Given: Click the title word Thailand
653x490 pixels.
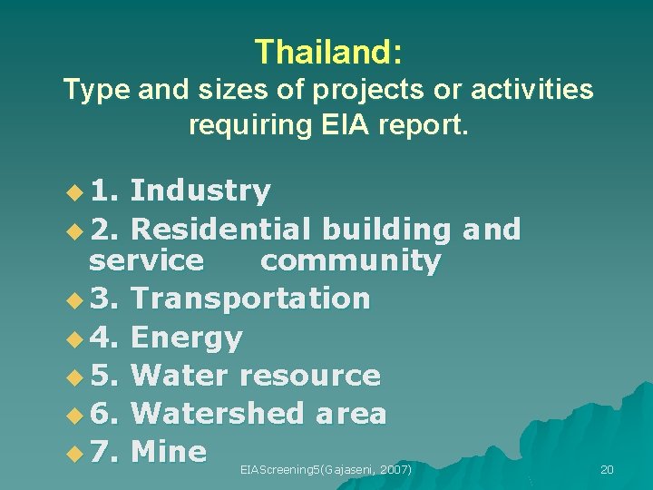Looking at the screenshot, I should [326, 52].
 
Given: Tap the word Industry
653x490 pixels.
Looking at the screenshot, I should [200, 191].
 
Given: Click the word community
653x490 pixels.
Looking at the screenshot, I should [350, 261].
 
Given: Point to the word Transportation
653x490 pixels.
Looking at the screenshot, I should [250, 298].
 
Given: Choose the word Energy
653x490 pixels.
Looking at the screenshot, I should [187, 338].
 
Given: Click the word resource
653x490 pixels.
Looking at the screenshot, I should [310, 375].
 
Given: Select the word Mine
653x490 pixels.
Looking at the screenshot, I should [169, 451].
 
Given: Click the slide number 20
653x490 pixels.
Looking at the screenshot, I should [607, 469].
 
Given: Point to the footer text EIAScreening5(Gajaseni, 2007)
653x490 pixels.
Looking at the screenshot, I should [326, 469].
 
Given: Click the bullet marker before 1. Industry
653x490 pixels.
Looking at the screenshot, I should [73, 192].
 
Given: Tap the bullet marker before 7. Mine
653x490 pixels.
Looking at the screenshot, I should [73, 452].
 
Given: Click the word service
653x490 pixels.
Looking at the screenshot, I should [146, 261].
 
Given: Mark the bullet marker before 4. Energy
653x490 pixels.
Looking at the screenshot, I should [73, 338].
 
